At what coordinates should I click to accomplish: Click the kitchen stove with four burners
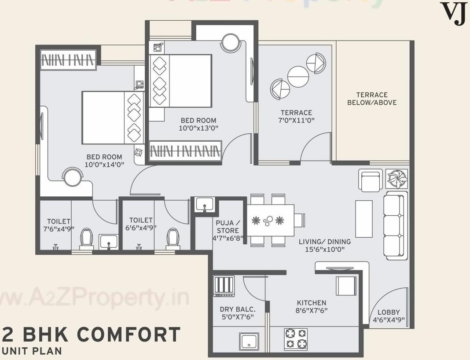[x=296, y=339]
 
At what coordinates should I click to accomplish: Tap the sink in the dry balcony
[x=249, y=341]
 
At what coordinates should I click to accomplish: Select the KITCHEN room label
[x=312, y=303]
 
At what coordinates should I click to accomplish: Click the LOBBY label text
[x=389, y=313]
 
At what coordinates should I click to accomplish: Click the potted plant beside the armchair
[x=397, y=178]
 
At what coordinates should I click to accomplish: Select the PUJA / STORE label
[x=228, y=226]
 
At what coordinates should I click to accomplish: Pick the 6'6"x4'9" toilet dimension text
[x=141, y=228]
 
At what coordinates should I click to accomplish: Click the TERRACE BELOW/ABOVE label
[x=372, y=99]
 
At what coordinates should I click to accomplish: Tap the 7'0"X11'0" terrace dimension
[x=297, y=121]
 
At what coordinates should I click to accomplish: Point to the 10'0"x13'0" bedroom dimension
[x=198, y=128]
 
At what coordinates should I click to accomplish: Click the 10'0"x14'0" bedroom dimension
[x=104, y=165]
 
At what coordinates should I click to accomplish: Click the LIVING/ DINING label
[x=325, y=242]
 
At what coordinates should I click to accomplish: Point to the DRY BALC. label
[x=237, y=309]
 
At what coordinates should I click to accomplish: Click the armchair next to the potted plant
[x=370, y=180]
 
